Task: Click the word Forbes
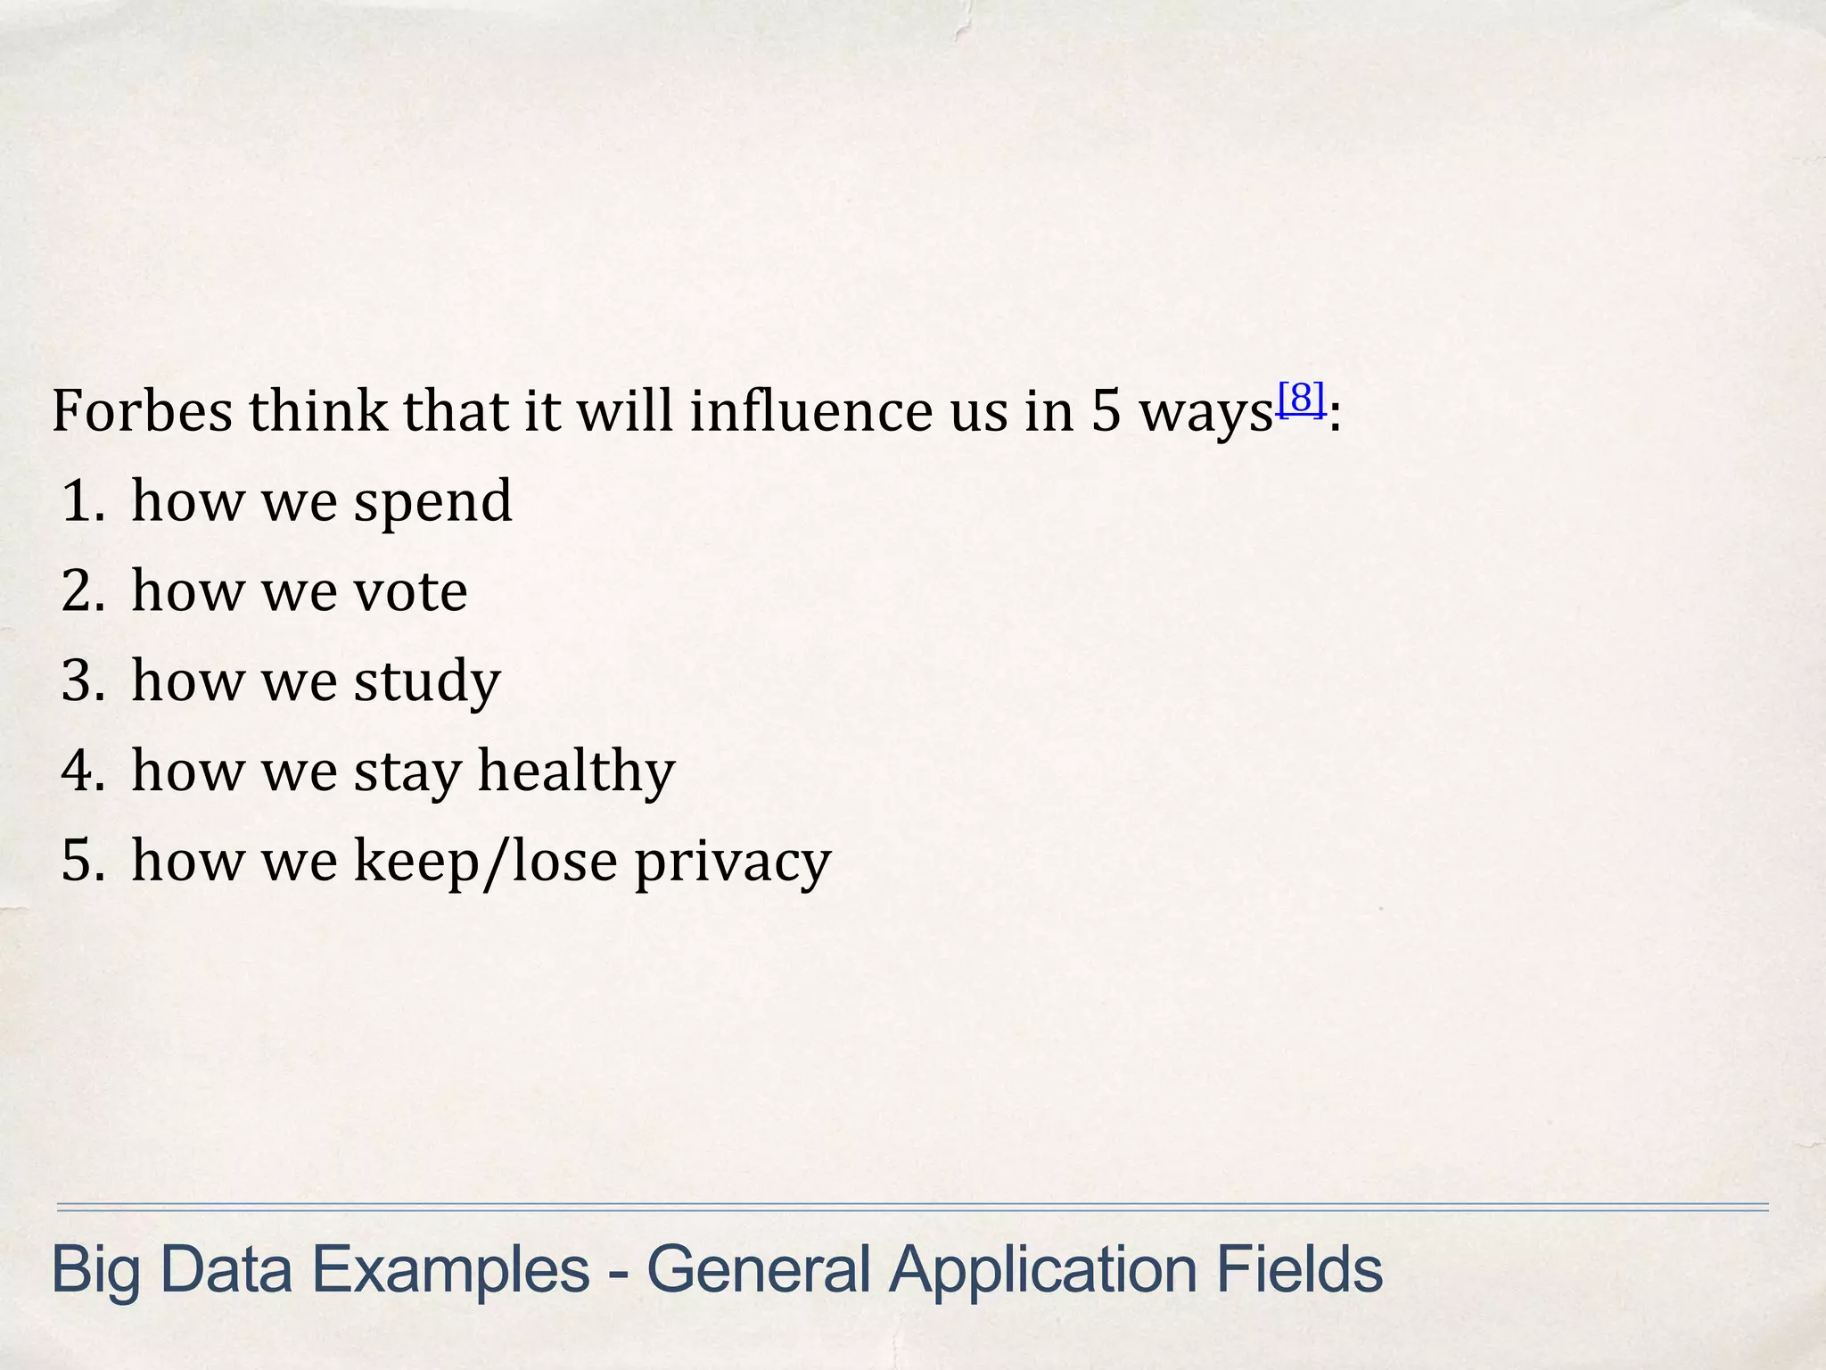[x=142, y=411]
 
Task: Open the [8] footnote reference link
[x=1301, y=398]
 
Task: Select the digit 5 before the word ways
[x=1106, y=411]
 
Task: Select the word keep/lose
[x=486, y=862]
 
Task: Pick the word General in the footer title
[x=758, y=1270]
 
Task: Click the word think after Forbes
[x=317, y=411]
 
